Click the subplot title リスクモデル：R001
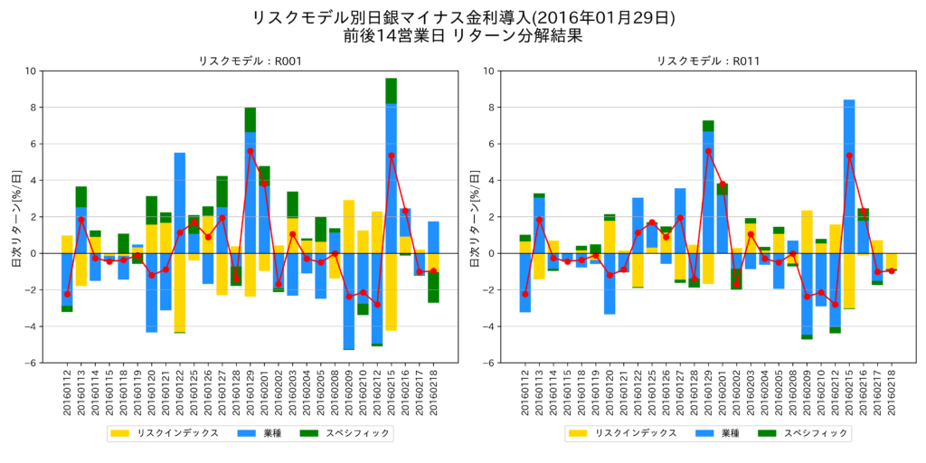pyautogui.click(x=250, y=61)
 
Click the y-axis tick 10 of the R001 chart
pyautogui.click(x=31, y=71)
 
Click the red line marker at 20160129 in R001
pyautogui.click(x=250, y=151)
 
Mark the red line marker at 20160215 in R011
pyautogui.click(x=849, y=156)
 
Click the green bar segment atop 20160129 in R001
pyautogui.click(x=250, y=119)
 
